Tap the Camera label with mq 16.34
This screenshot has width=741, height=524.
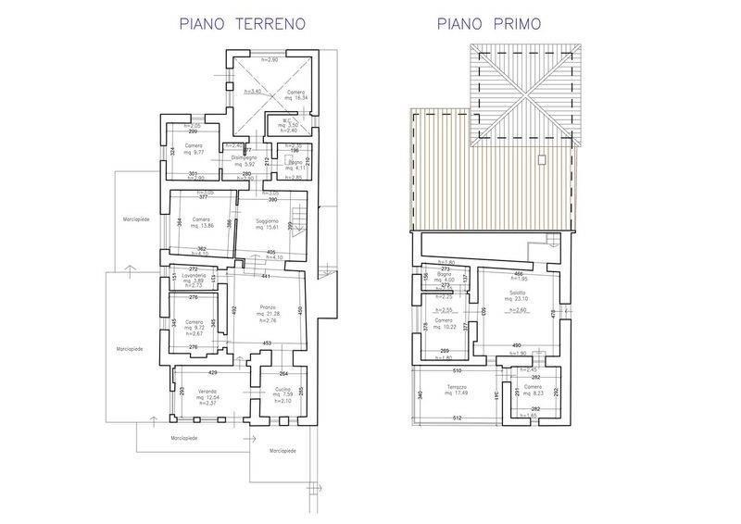click(x=295, y=93)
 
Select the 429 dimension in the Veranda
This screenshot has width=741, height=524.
click(x=212, y=371)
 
